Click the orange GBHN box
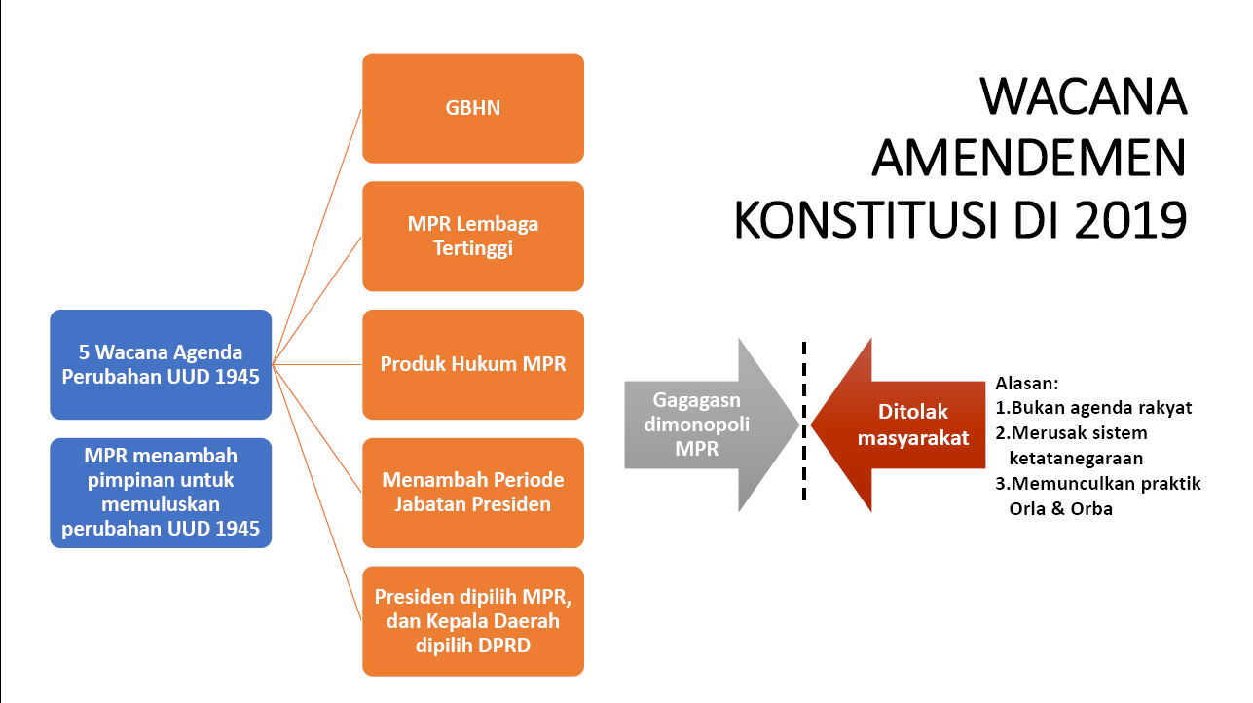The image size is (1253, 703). point(473,108)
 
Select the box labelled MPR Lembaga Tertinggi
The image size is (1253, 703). point(473,236)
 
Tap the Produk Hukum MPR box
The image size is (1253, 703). point(473,364)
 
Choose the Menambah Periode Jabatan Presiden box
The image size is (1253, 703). point(473,493)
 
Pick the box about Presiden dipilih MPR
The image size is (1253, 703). point(473,620)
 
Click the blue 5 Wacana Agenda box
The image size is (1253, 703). point(161,364)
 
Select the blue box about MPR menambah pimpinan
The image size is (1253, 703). point(161,493)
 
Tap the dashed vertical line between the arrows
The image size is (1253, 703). point(804,467)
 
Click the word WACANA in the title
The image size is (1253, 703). point(1083,97)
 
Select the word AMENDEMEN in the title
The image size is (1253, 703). point(1029,159)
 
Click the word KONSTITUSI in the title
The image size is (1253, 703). point(876,220)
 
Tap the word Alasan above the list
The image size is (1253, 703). point(1026,384)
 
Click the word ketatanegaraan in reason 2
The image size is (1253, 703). point(1076,458)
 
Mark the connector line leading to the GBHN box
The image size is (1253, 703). point(317,234)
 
